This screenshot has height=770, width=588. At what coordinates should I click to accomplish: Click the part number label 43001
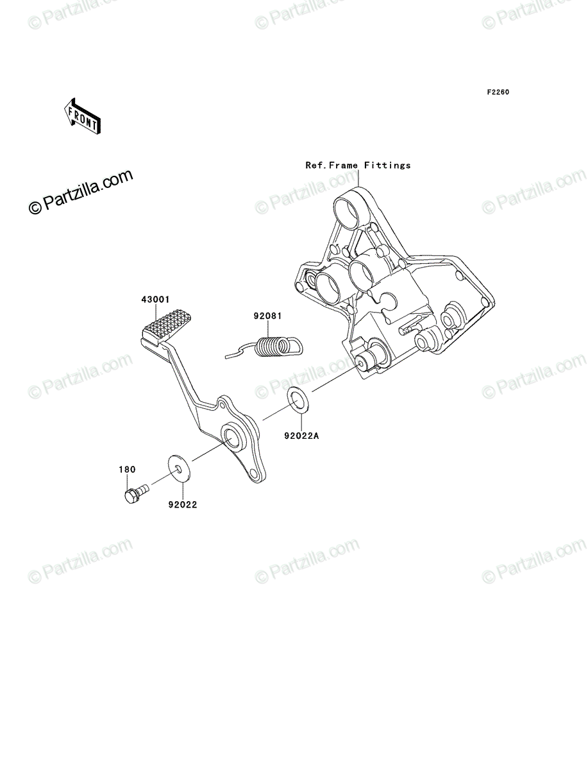155,300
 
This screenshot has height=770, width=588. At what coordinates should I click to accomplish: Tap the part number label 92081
268,316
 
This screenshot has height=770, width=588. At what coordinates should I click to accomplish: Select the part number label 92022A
302,436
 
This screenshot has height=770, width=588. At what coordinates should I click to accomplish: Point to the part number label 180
127,469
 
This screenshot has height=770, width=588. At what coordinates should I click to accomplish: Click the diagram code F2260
498,92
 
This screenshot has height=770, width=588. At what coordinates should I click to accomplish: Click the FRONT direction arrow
82,116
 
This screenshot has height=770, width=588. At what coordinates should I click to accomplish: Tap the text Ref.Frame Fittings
358,165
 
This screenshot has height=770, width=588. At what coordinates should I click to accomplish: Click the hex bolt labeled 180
137,494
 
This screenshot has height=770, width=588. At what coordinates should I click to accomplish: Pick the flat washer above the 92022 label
180,468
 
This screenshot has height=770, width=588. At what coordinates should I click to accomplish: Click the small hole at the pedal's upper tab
222,406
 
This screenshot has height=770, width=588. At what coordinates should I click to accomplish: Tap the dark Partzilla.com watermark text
81,192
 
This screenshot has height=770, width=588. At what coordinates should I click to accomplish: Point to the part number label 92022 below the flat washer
183,505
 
